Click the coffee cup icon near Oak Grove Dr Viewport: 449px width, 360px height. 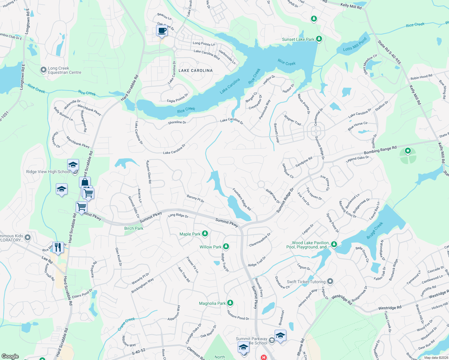(162, 31)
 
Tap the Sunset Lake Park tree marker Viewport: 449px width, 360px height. (319, 39)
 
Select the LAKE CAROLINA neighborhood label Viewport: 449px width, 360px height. (195, 70)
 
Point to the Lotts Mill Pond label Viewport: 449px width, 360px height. (355, 45)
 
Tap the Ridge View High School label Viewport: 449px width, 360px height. (48, 172)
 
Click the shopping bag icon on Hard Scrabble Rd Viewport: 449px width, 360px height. (85, 182)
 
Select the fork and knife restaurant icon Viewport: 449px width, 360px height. (58, 247)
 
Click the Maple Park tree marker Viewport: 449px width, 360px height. (205, 234)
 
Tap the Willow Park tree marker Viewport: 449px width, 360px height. (226, 247)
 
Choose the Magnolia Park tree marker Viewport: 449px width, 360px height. (230, 303)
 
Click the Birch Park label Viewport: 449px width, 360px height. (134, 228)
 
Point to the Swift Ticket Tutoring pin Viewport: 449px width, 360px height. (330, 281)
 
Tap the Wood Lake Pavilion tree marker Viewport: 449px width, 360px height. (334, 244)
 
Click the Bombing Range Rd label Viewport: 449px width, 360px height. (380, 150)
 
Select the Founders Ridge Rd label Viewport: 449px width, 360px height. (242, 199)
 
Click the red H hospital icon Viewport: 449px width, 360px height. (264, 357)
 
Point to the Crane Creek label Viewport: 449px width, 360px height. (126, 324)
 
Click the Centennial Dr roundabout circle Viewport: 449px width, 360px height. (316, 131)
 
